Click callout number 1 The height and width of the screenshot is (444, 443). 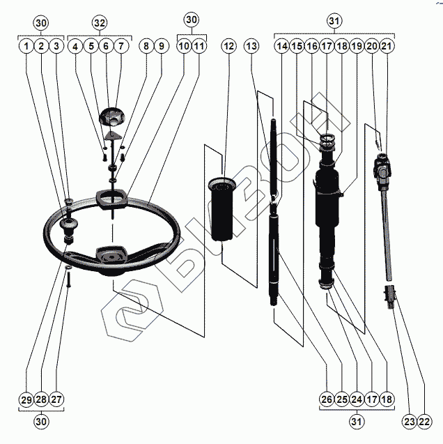[x=26, y=47]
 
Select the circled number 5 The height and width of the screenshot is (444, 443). [x=91, y=47]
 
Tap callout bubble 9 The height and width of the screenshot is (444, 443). [x=161, y=47]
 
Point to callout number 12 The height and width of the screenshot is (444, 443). [x=229, y=47]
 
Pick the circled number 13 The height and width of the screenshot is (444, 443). [x=251, y=47]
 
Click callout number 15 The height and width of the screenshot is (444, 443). [x=297, y=47]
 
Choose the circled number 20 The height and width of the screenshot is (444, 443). [x=373, y=47]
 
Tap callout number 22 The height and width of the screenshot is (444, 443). [x=424, y=421]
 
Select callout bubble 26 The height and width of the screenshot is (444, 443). [x=327, y=399]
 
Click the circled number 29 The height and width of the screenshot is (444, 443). [x=26, y=399]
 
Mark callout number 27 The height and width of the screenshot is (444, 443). [x=58, y=399]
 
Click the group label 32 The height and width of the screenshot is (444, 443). [x=100, y=22]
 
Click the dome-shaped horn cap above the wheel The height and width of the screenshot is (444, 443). [x=111, y=116]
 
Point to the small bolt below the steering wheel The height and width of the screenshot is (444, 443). [x=70, y=281]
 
